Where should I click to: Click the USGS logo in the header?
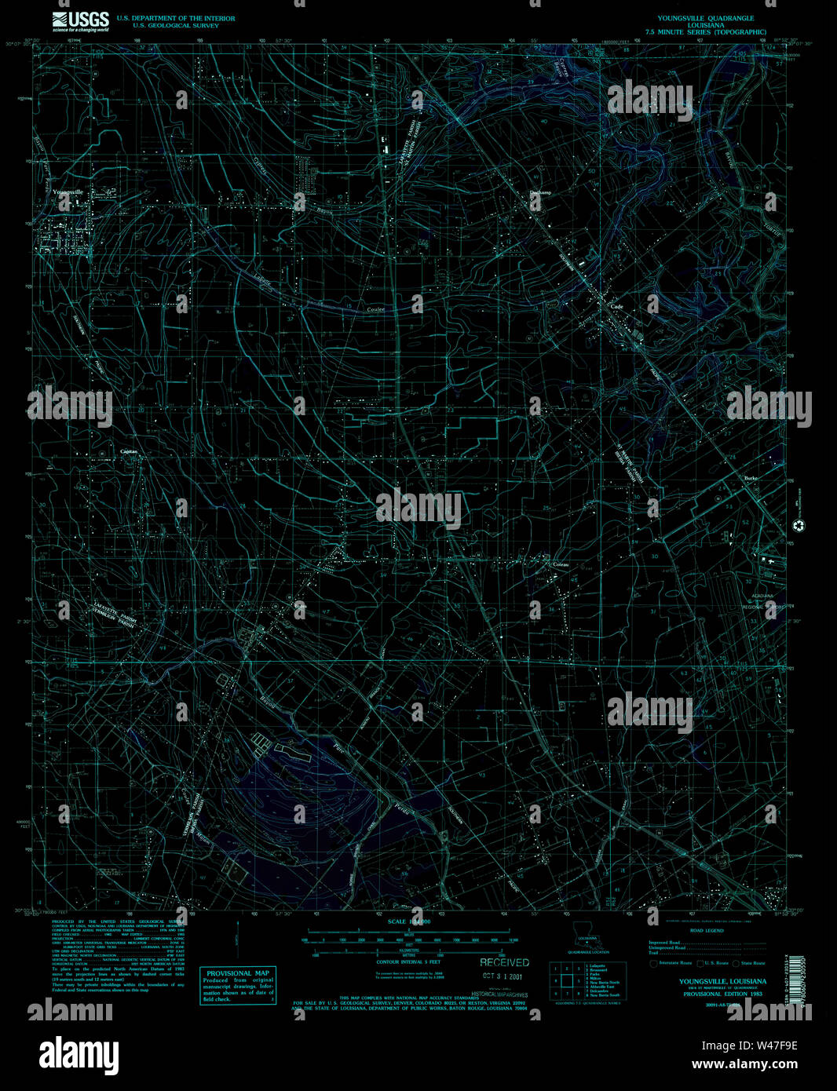click(81, 20)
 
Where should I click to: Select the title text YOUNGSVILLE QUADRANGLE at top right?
click(705, 18)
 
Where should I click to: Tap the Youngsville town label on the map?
click(68, 192)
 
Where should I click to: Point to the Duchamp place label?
click(540, 192)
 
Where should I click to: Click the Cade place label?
click(616, 307)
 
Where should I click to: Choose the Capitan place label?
click(129, 452)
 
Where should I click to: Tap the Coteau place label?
click(561, 564)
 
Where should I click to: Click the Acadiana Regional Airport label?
click(758, 601)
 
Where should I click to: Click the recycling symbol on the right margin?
click(799, 526)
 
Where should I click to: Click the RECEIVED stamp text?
click(505, 962)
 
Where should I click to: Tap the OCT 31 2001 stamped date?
click(503, 977)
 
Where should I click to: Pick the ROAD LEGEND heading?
click(707, 930)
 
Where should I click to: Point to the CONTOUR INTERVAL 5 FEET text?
click(408, 961)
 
